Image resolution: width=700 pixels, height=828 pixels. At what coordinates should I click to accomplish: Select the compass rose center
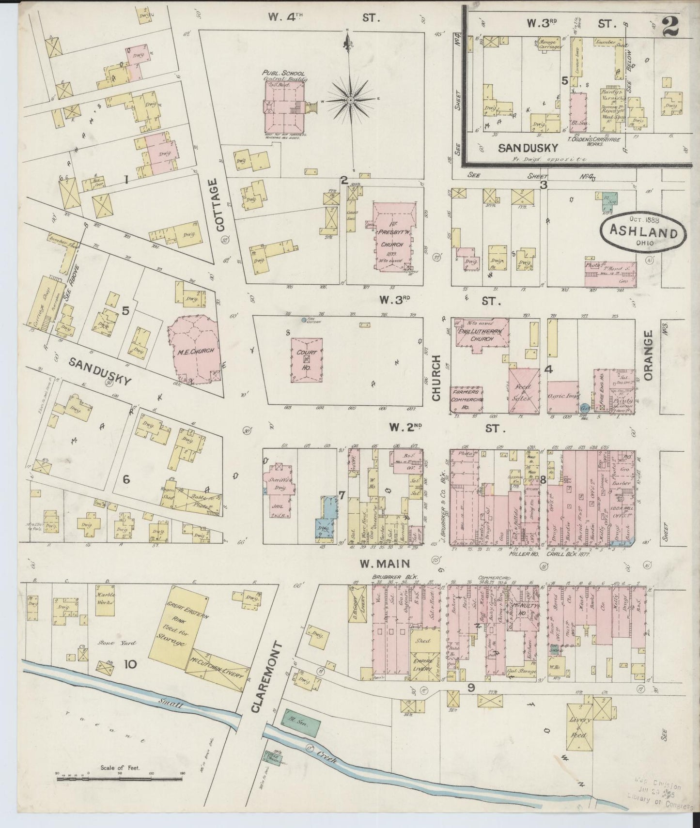click(350, 100)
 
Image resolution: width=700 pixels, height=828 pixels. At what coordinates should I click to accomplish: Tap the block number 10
click(130, 665)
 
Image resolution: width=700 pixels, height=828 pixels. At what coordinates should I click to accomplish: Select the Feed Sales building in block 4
click(524, 391)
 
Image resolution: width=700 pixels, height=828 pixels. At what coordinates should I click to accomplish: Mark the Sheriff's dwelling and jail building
click(279, 487)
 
